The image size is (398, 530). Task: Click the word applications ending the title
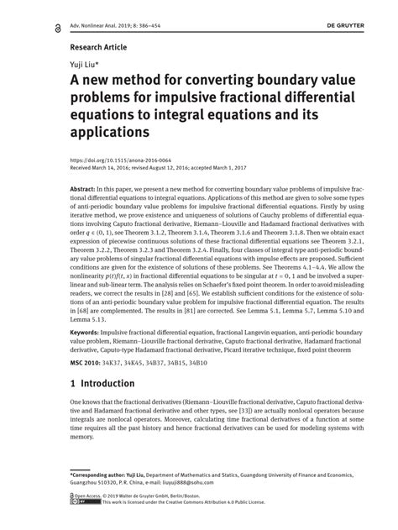coord(109,133)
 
